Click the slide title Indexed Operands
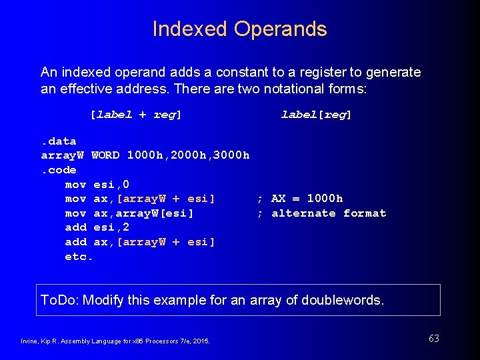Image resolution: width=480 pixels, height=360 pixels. (x=240, y=29)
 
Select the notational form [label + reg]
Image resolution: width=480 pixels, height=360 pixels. (x=136, y=115)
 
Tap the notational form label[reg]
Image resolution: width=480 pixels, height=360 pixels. (x=316, y=115)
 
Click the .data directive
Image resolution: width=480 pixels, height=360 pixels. (x=59, y=141)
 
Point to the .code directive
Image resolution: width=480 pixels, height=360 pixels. (x=59, y=170)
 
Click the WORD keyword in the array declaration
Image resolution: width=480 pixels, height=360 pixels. (x=105, y=155)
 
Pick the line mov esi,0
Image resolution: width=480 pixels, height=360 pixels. (x=97, y=185)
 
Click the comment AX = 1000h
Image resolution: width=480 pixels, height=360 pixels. (x=307, y=199)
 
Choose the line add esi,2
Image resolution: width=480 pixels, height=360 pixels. (x=97, y=227)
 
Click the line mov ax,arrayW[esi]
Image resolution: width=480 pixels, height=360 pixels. (x=129, y=213)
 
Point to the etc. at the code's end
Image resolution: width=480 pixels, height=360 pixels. (x=79, y=257)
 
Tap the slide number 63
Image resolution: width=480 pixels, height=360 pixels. (x=434, y=339)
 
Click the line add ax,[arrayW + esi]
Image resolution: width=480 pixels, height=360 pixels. (x=140, y=242)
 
